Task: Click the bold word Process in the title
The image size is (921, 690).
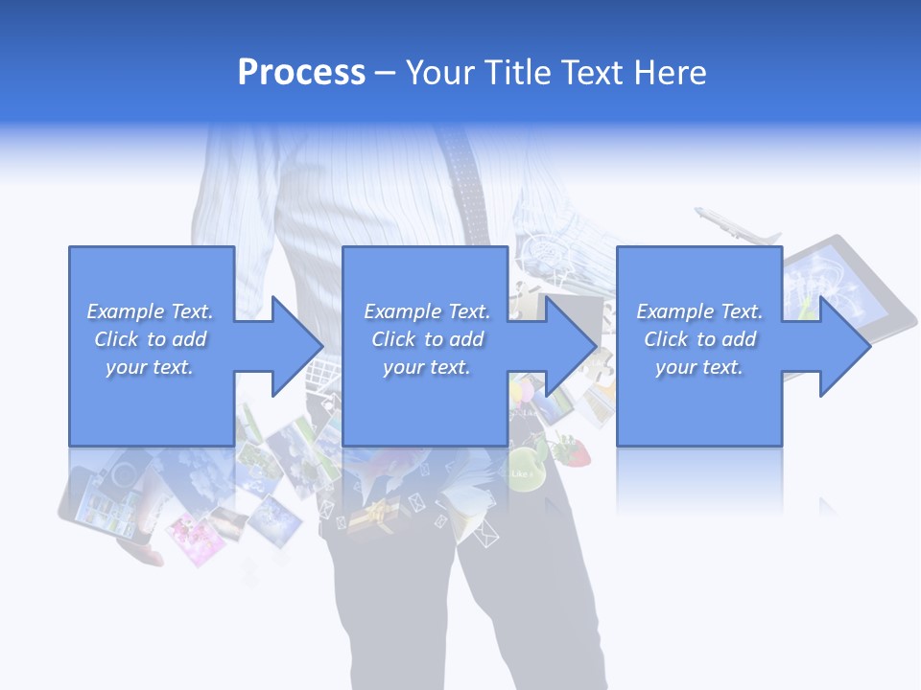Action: [301, 73]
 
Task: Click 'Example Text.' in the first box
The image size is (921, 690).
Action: [150, 311]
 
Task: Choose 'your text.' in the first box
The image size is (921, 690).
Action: [150, 367]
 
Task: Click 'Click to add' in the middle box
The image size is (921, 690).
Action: [427, 339]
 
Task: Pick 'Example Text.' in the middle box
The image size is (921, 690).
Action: [427, 311]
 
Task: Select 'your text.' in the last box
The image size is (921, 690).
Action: [699, 367]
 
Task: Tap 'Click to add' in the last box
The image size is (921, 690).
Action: [699, 339]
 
